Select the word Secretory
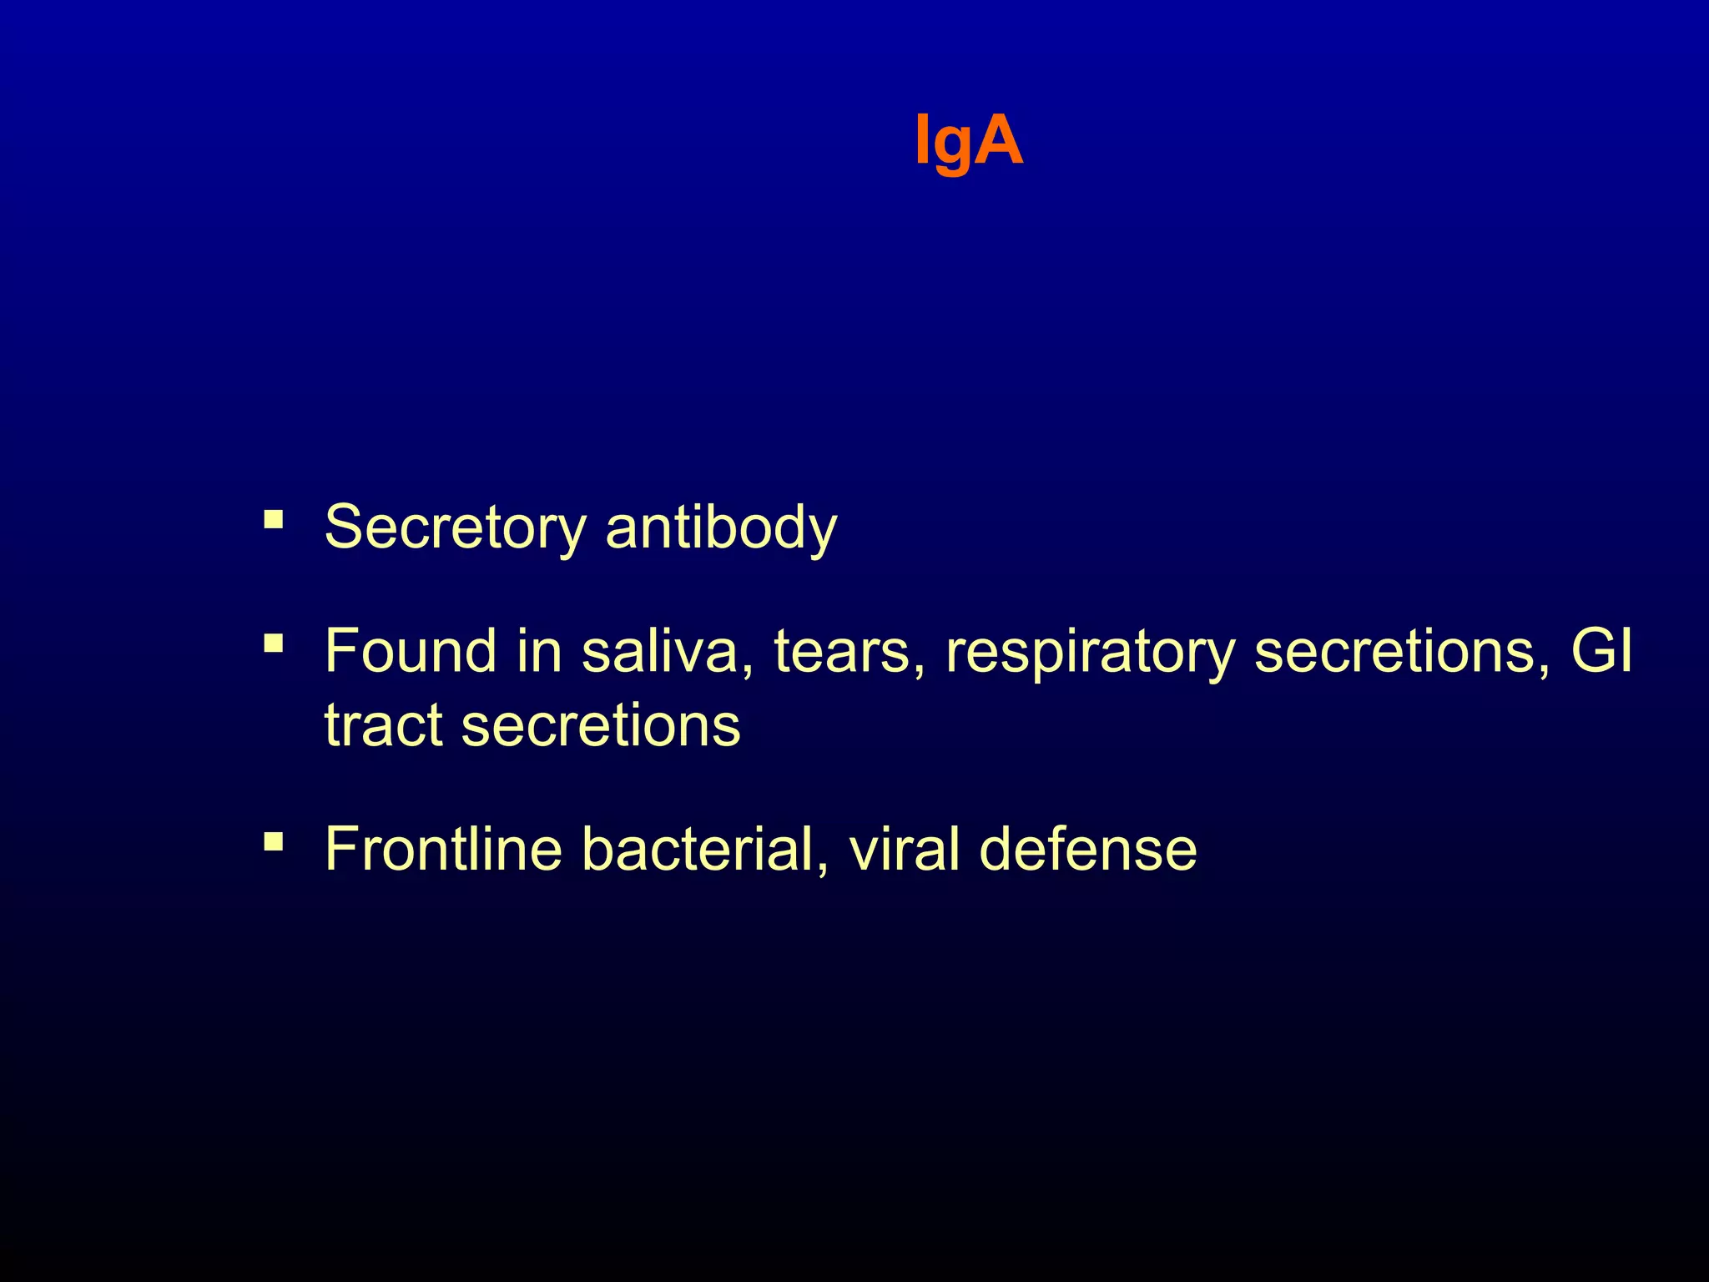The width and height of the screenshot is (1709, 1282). [456, 527]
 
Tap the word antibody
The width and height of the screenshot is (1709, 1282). [721, 527]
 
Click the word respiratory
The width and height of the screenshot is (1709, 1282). [1090, 653]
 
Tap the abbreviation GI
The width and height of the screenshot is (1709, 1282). [1601, 651]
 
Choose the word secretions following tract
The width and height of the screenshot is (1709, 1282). [601, 724]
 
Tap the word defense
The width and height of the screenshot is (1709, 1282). [1088, 849]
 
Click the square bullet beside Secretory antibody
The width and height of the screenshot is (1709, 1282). [273, 520]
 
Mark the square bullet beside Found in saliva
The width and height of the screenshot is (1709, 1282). [273, 644]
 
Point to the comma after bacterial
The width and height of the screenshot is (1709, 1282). [824, 868]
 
